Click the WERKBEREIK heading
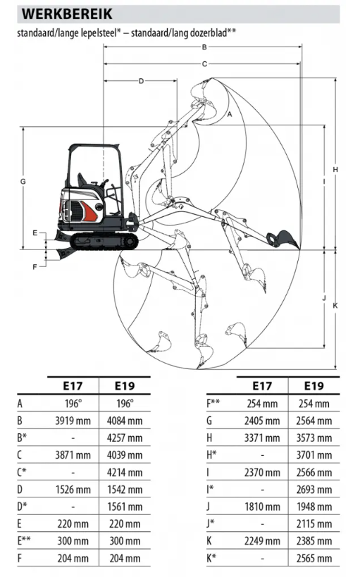pyautogui.click(x=67, y=14)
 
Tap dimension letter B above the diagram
pyautogui.click(x=204, y=46)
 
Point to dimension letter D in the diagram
pyautogui.click(x=141, y=81)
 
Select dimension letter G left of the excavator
pyautogui.click(x=23, y=182)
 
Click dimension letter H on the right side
pyautogui.click(x=335, y=170)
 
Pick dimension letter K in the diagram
pyautogui.click(x=335, y=306)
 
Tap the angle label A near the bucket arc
pyautogui.click(x=230, y=114)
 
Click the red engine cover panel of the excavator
pyautogui.click(x=90, y=211)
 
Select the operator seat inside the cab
pyautogui.click(x=82, y=180)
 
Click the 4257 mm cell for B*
pyautogui.click(x=125, y=438)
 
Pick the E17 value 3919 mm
pyautogui.click(x=73, y=421)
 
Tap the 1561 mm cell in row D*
pyautogui.click(x=125, y=507)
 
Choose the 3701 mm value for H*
pyautogui.click(x=314, y=455)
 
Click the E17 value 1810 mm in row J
pyautogui.click(x=262, y=507)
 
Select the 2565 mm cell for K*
pyautogui.click(x=314, y=558)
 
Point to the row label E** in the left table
pyautogui.click(x=24, y=540)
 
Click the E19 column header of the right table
pyautogui.click(x=314, y=386)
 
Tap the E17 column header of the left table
pyautogui.click(x=73, y=386)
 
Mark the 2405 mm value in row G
pyautogui.click(x=262, y=421)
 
